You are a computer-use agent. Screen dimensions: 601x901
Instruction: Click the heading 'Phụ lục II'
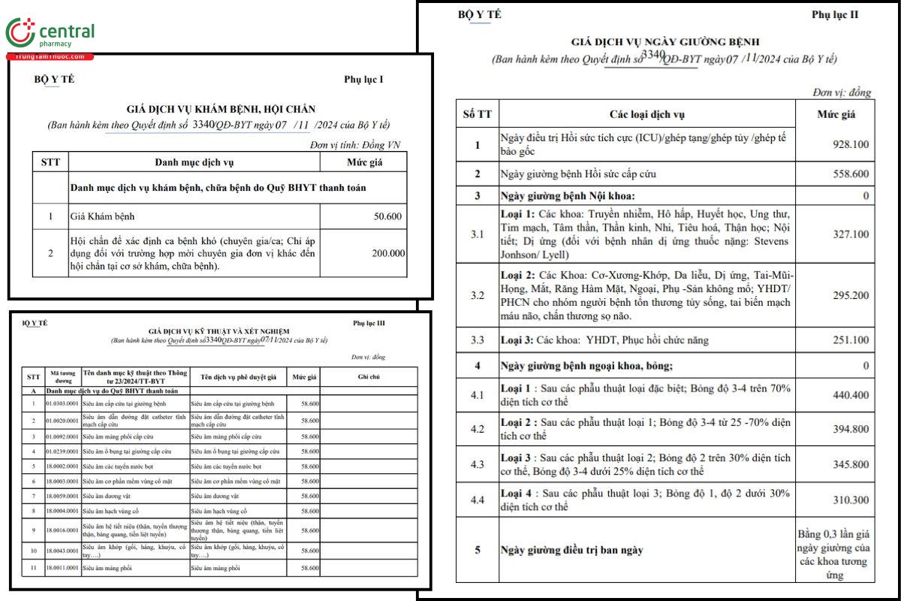click(x=834, y=14)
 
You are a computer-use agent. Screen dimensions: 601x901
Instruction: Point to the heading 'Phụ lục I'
click(x=363, y=80)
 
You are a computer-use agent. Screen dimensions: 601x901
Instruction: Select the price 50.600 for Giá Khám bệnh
click(x=387, y=217)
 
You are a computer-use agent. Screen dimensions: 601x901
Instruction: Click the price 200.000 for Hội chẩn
click(x=387, y=253)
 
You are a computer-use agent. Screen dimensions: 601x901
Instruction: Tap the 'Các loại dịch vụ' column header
click(x=646, y=114)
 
